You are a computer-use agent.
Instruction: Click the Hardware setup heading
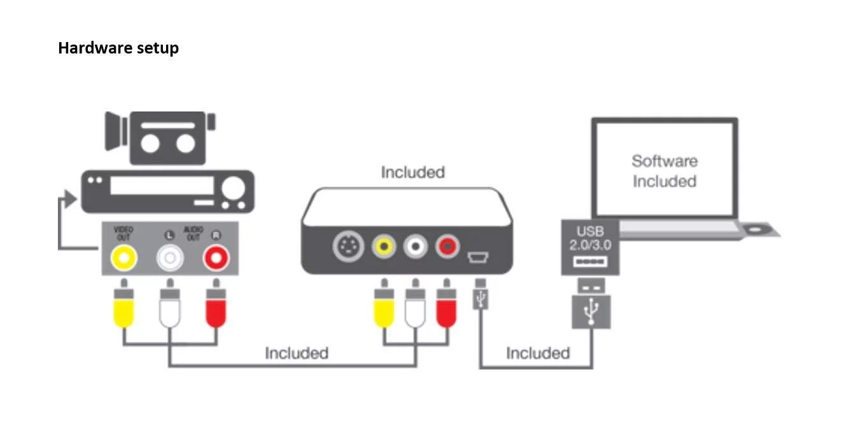pyautogui.click(x=118, y=48)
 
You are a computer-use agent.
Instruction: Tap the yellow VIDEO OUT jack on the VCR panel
pyautogui.click(x=124, y=257)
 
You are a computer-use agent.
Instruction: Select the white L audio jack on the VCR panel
pyautogui.click(x=170, y=257)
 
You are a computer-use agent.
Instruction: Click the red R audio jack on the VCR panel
pyautogui.click(x=216, y=257)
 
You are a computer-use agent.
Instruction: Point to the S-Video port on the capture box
pyautogui.click(x=348, y=247)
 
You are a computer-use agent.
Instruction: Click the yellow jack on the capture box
pyautogui.click(x=384, y=247)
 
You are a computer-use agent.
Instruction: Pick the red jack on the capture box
pyautogui.click(x=447, y=247)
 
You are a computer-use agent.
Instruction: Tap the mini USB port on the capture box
pyautogui.click(x=478, y=257)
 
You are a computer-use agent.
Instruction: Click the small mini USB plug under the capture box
pyautogui.click(x=480, y=294)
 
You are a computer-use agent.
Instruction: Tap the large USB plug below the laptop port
pyautogui.click(x=591, y=303)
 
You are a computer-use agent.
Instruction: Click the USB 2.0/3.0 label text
pyautogui.click(x=590, y=238)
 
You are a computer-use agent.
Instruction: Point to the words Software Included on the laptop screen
pyautogui.click(x=664, y=171)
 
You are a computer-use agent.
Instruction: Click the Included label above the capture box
pyautogui.click(x=413, y=172)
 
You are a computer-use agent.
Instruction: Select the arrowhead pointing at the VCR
pyautogui.click(x=71, y=199)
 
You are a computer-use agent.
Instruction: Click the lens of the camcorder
pyautogui.click(x=115, y=131)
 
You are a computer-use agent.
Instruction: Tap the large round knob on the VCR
pyautogui.click(x=234, y=188)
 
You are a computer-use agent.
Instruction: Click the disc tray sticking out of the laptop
pyautogui.click(x=760, y=229)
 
